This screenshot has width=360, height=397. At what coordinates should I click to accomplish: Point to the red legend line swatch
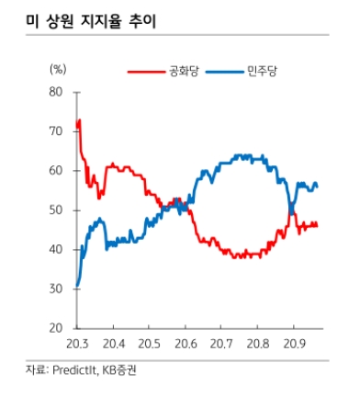144,71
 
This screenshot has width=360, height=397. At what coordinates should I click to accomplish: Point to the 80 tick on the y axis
54,92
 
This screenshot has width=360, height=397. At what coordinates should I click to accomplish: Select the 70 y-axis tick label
54,131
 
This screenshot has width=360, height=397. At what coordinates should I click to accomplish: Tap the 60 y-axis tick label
54,171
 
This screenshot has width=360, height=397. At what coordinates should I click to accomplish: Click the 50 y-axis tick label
54,210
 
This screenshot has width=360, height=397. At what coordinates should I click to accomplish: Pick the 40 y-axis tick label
54,250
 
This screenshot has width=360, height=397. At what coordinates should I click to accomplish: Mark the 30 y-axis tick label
54,289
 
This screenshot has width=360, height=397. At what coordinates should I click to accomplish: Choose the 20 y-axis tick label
54,329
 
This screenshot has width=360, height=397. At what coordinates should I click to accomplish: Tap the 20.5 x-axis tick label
149,346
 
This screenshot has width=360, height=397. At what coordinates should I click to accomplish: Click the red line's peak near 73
79,120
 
